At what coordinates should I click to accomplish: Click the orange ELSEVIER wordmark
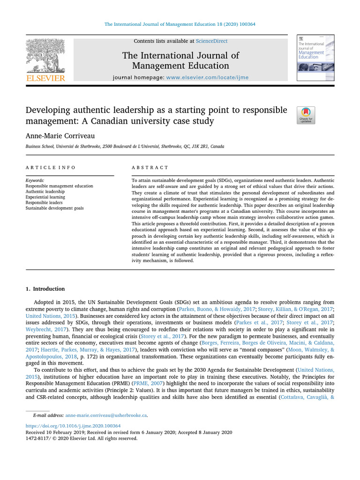pyautogui.click(x=45, y=78)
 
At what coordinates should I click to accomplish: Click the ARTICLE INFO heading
pyautogui.click(x=51, y=167)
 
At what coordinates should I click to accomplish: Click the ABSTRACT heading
pyautogui.click(x=151, y=167)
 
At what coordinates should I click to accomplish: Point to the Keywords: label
pyautogui.click(x=35, y=180)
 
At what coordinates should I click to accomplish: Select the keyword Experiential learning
pyautogui.click(x=45, y=197)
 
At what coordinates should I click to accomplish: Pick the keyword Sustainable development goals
pyautogui.click(x=55, y=208)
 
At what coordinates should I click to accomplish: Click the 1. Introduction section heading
pyautogui.click(x=45, y=289)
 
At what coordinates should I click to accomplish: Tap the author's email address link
pyautogui.click(x=106, y=415)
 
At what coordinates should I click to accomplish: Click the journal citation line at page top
pyautogui.click(x=180, y=24)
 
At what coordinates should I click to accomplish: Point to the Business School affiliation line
pyautogui.click(x=118, y=147)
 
